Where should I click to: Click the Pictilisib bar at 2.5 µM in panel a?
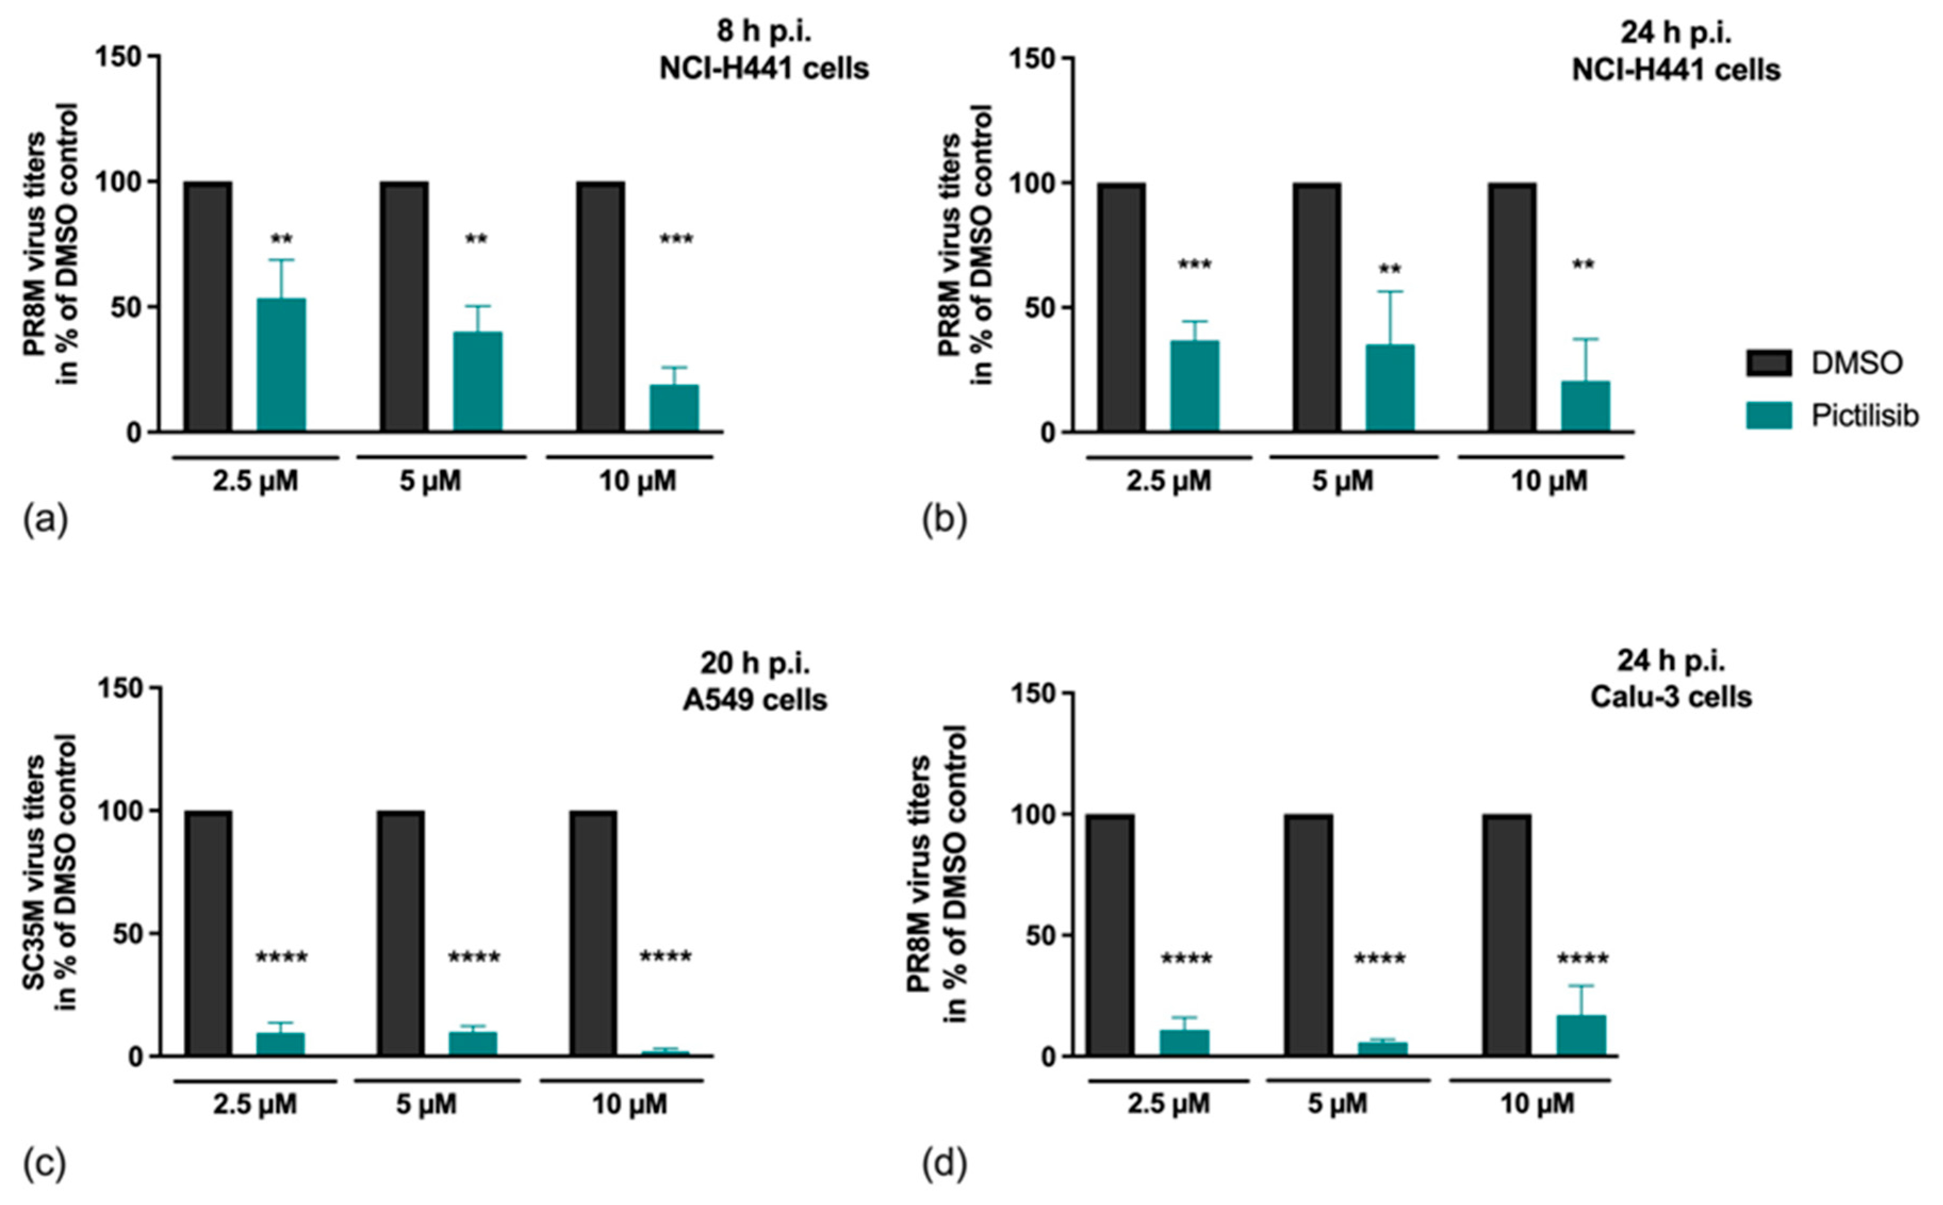281,365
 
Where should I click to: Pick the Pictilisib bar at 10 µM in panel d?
1581,1035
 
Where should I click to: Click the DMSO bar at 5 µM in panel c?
401,933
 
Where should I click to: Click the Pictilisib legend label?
1865,415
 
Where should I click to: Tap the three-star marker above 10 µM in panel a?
676,239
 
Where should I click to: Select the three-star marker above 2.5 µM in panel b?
1194,265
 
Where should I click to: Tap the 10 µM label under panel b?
1549,481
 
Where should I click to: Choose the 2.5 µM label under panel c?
254,1104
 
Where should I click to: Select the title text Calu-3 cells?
1670,697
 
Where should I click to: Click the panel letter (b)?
944,521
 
